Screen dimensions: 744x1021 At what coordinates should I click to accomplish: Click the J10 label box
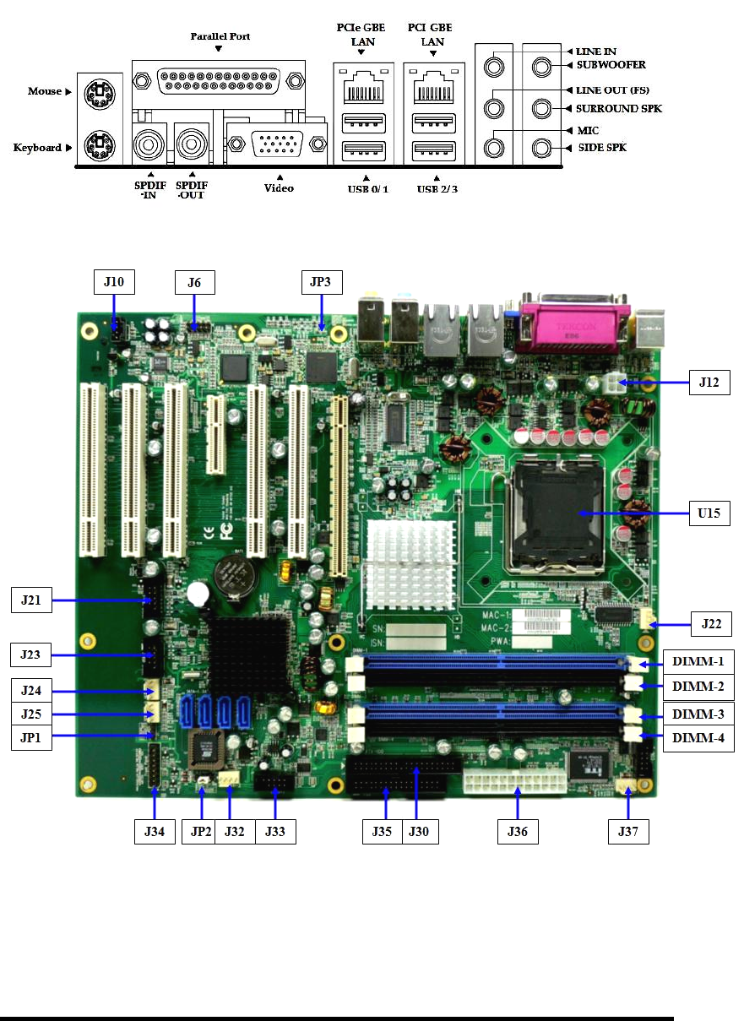(x=114, y=282)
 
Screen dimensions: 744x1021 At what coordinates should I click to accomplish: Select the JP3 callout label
(x=322, y=282)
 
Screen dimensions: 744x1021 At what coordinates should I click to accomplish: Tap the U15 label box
(x=709, y=513)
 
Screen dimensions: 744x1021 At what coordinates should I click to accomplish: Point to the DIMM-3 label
(x=698, y=714)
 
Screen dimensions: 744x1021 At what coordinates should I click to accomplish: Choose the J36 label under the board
(x=518, y=832)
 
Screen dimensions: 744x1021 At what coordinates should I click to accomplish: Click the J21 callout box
(x=31, y=600)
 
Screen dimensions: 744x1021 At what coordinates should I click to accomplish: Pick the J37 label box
(x=628, y=832)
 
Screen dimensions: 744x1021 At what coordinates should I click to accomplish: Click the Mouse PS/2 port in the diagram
(x=100, y=95)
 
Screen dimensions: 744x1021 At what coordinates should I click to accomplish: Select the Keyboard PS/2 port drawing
(x=100, y=146)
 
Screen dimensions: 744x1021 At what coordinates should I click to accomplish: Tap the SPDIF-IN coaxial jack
(x=149, y=145)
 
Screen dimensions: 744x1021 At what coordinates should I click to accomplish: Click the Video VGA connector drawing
(x=277, y=144)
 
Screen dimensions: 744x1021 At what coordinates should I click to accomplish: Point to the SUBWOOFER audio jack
(x=541, y=68)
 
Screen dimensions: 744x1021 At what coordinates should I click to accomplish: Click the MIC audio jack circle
(x=494, y=148)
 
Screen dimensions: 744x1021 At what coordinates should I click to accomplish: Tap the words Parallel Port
(x=220, y=36)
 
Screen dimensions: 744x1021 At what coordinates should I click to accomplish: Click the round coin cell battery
(x=236, y=575)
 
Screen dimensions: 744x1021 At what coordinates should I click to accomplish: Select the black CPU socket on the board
(x=557, y=514)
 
